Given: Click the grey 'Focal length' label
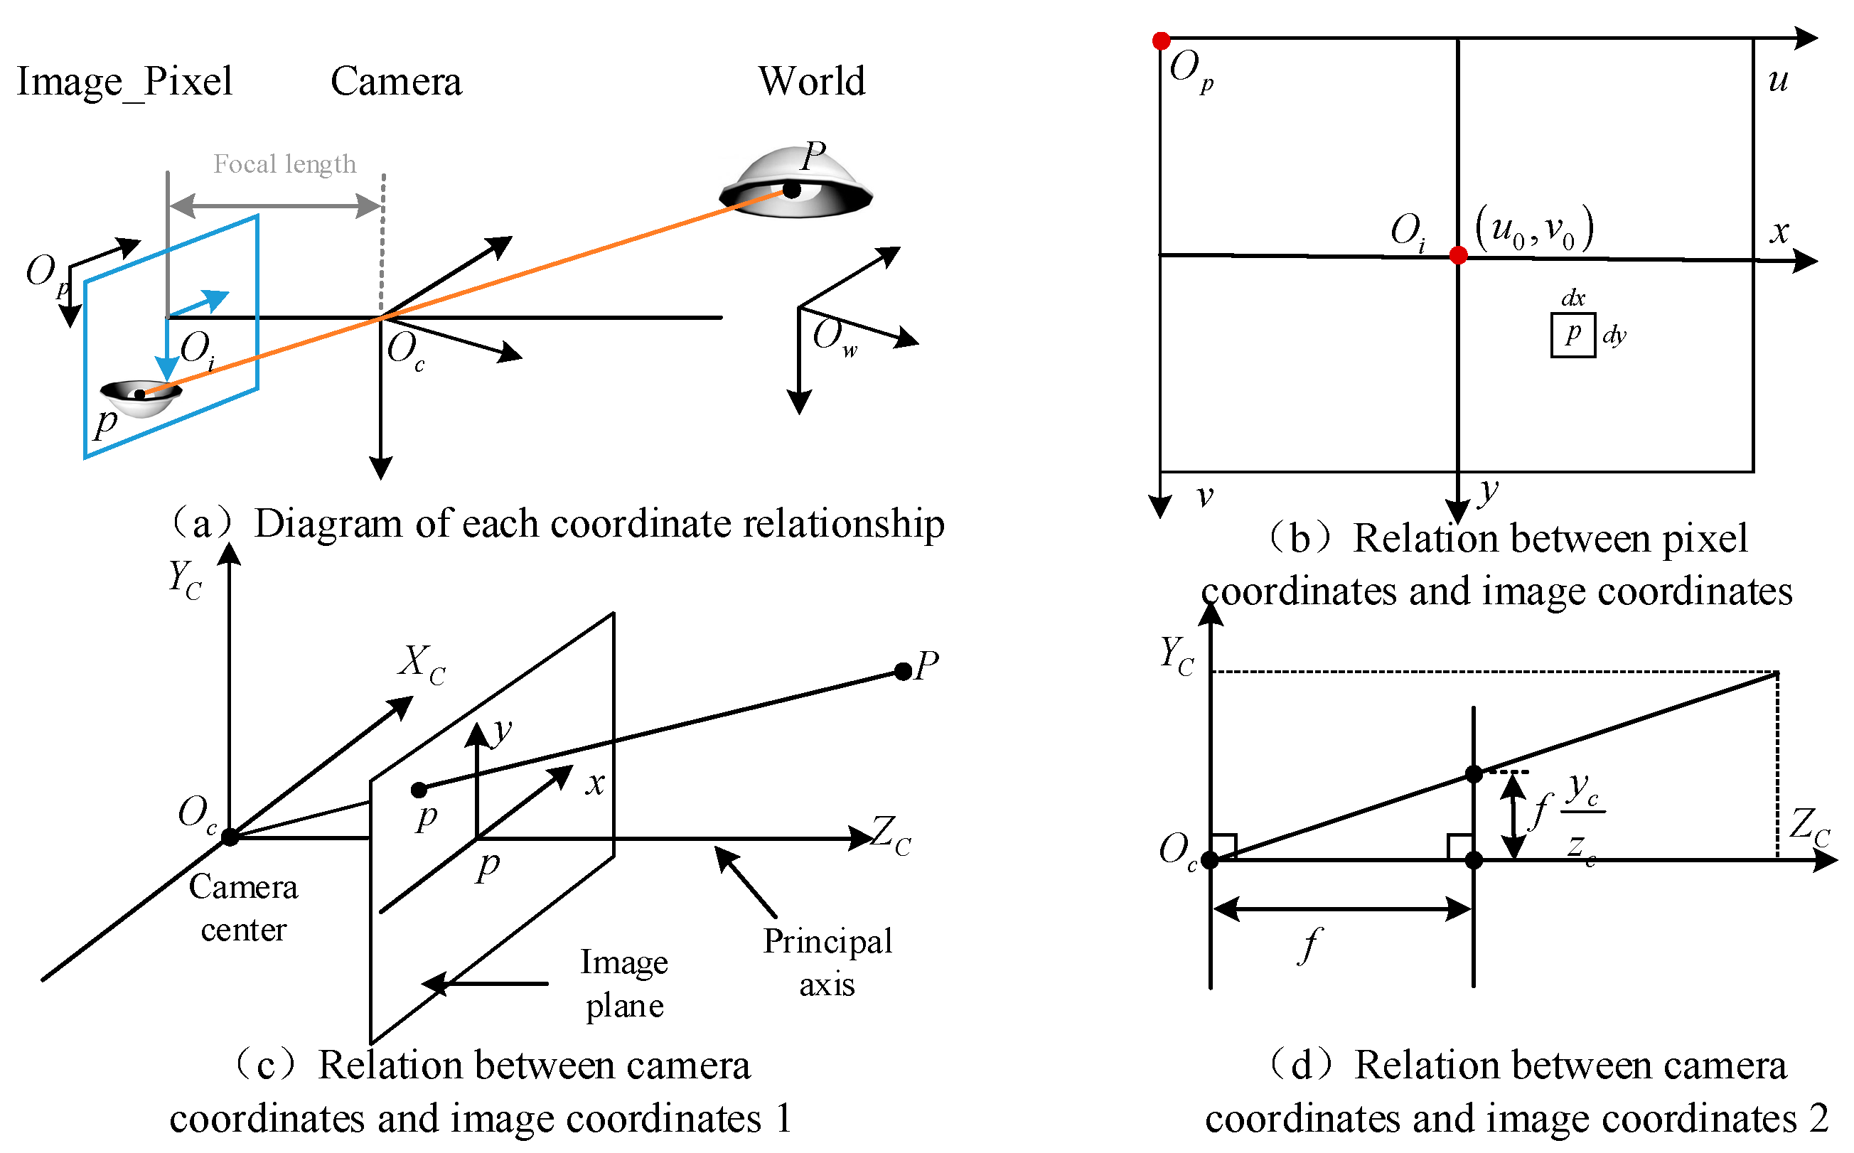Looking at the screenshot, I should point(284,164).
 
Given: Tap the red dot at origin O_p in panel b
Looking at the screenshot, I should point(1161,41).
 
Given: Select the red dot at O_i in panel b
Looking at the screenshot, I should point(1457,255).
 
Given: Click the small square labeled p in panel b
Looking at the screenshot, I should point(1572,335).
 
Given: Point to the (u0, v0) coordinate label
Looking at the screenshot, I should point(1533,228).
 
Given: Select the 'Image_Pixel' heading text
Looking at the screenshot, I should point(124,82).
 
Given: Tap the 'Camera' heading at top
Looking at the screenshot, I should point(396,81).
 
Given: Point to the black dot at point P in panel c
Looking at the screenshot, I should point(902,671).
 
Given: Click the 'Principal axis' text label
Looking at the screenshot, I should point(827,962).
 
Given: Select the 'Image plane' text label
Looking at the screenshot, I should point(624,983).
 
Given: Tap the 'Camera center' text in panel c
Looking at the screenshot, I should point(243,908).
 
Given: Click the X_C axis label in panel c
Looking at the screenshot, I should point(421,663).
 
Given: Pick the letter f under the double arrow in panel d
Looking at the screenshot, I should point(1309,945).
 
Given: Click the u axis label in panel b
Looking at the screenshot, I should point(1778,80).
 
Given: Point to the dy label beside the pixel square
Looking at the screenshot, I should point(1614,335).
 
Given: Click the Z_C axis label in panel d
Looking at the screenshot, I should point(1809,827).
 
